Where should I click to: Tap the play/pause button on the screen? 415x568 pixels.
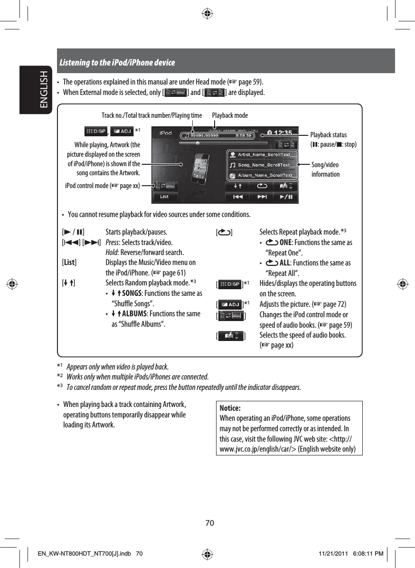pyautogui.click(x=286, y=196)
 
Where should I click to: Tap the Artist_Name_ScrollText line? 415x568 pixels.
pyautogui.click(x=264, y=154)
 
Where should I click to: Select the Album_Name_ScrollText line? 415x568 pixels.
pyautogui.click(x=264, y=175)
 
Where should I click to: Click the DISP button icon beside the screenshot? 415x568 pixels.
pyautogui.click(x=96, y=131)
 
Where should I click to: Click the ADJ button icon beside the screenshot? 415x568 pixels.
pyautogui.click(x=122, y=131)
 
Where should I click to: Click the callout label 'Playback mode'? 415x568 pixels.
pyautogui.click(x=230, y=115)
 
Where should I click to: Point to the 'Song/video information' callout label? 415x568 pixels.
pyautogui.click(x=326, y=170)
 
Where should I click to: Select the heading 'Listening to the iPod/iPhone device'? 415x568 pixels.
pyautogui.click(x=117, y=63)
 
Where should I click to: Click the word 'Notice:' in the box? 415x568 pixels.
pyautogui.click(x=230, y=408)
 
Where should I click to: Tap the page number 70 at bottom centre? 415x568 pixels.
pyautogui.click(x=210, y=523)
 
